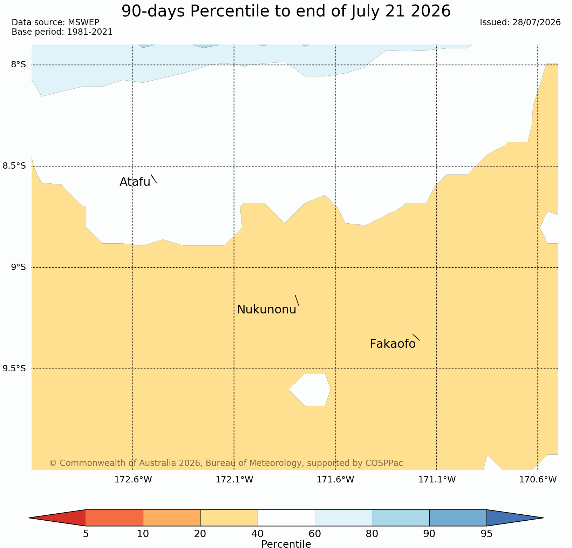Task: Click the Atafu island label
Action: (x=135, y=182)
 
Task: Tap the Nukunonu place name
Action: (x=267, y=310)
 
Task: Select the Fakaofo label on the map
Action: (x=393, y=344)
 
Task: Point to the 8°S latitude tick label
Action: (x=19, y=65)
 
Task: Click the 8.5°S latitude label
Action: (x=14, y=166)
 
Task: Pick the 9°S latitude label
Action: (x=19, y=267)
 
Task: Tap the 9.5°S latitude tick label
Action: (x=14, y=368)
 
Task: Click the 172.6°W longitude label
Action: (x=133, y=480)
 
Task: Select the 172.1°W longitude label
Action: (x=234, y=480)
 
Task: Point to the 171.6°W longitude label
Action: (x=335, y=480)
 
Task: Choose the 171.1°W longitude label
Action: (x=437, y=480)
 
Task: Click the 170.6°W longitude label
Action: (x=538, y=480)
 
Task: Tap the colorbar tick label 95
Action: (x=486, y=534)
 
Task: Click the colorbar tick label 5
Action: (x=86, y=534)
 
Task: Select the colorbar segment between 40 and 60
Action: (x=286, y=518)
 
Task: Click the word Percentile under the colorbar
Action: (x=286, y=544)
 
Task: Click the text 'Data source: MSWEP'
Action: (x=55, y=22)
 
